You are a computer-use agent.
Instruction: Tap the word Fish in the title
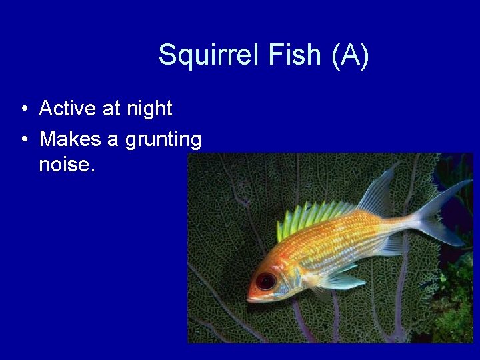294,55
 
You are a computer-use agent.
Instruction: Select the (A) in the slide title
350,55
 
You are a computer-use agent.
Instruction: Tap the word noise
67,164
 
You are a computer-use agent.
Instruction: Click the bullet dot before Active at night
24,109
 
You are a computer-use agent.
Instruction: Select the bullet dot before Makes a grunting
24,140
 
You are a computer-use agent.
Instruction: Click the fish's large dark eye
266,281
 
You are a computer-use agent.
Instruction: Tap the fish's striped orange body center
347,240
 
